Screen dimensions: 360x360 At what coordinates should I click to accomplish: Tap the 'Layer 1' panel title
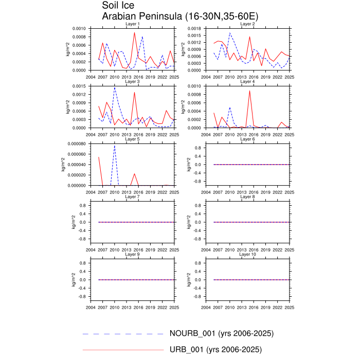point(133,24)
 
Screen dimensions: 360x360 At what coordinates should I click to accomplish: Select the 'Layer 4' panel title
point(247,81)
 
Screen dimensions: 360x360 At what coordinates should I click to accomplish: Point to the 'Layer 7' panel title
point(133,197)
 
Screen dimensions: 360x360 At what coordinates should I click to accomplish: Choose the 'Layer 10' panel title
point(247,255)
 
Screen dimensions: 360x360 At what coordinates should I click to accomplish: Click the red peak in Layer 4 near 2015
point(250,91)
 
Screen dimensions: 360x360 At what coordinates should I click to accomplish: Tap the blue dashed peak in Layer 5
point(114,146)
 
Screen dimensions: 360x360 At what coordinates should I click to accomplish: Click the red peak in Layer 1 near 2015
point(134,32)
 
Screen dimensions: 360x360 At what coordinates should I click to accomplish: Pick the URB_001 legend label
point(215,350)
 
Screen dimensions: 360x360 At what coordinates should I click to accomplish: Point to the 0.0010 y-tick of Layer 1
point(79,28)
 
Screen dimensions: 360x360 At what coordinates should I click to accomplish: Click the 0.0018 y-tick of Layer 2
point(194,28)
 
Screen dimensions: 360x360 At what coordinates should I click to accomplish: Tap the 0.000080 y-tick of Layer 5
point(77,143)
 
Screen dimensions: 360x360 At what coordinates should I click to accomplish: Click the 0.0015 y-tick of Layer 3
point(79,86)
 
